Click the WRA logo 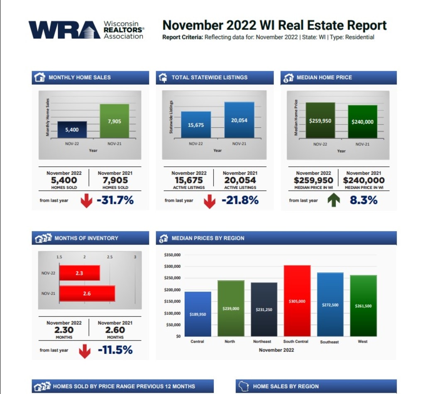[86, 29]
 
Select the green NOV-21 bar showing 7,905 [114, 121]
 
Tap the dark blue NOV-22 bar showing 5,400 [72, 130]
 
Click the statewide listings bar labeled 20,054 [239, 120]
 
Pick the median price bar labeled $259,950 [320, 120]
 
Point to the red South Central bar [297, 301]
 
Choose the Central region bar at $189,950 [198, 314]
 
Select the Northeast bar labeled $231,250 [264, 309]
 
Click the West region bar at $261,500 [363, 306]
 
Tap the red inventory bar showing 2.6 [87, 293]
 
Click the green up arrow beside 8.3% [334, 200]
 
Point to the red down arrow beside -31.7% [86, 201]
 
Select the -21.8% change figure [240, 200]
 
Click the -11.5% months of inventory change [115, 350]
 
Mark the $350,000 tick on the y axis [173, 255]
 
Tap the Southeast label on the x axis [330, 342]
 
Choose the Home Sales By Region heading [286, 386]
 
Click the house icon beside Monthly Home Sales [39, 77]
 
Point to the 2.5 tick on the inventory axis [110, 257]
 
